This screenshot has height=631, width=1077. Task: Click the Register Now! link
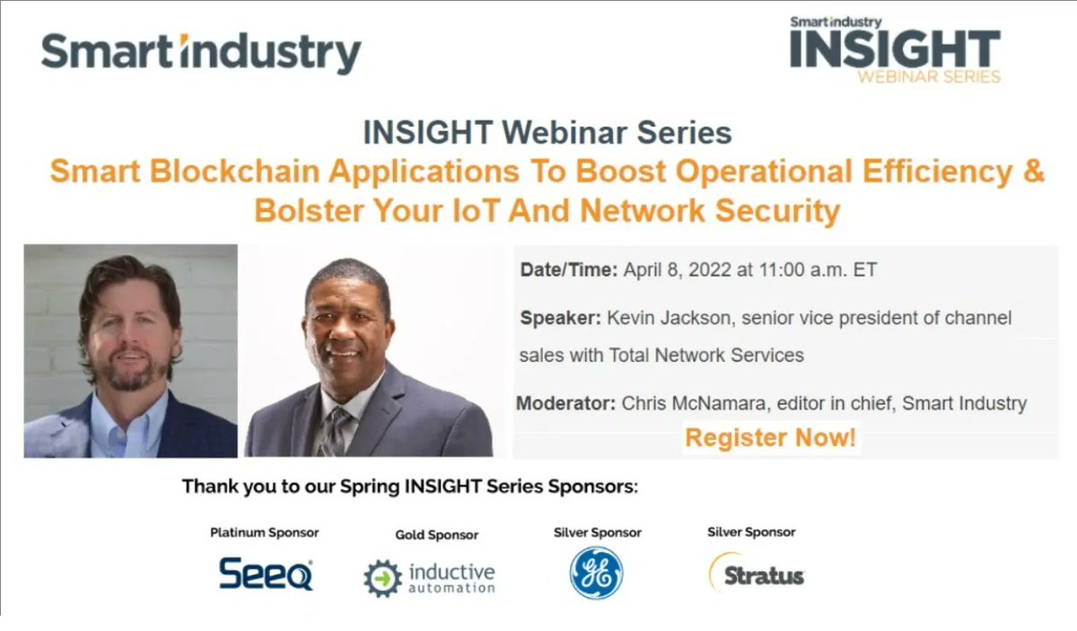tap(770, 438)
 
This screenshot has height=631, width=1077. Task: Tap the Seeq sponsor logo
tap(266, 574)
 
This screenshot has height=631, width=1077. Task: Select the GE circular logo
tap(596, 573)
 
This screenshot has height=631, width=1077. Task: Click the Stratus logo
tap(757, 573)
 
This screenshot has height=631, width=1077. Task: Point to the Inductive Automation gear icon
tap(382, 579)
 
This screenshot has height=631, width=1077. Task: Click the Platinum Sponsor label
tap(265, 532)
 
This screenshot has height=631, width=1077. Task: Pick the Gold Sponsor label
tap(436, 535)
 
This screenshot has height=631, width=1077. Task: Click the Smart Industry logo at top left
tap(201, 53)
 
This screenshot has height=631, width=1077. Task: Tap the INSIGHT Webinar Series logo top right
tap(896, 50)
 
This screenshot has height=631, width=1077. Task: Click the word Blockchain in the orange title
tap(234, 171)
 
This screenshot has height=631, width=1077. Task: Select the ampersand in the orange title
tap(1034, 171)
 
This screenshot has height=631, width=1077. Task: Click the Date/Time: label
tap(569, 270)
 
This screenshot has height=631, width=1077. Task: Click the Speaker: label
tap(561, 318)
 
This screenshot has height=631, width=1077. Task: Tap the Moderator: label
tap(566, 403)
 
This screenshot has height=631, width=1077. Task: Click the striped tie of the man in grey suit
tap(337, 432)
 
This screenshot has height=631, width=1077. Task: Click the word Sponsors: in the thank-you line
tap(593, 486)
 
